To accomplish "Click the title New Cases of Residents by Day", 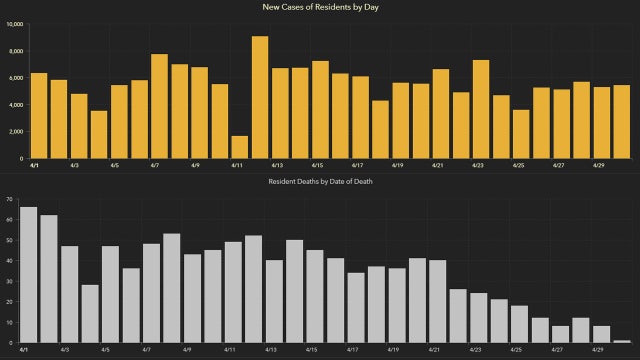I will tap(320, 8).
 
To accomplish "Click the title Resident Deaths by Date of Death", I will tap(320, 181).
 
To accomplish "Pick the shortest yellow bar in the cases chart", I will tap(239, 147).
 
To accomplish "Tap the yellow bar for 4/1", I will tap(39, 115).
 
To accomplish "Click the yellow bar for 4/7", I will tap(159, 106).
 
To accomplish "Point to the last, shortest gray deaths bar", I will tap(622, 341).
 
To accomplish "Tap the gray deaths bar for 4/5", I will tap(110, 294).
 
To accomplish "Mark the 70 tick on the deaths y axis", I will tap(8, 199).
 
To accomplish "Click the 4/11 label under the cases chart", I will tap(237, 165).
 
